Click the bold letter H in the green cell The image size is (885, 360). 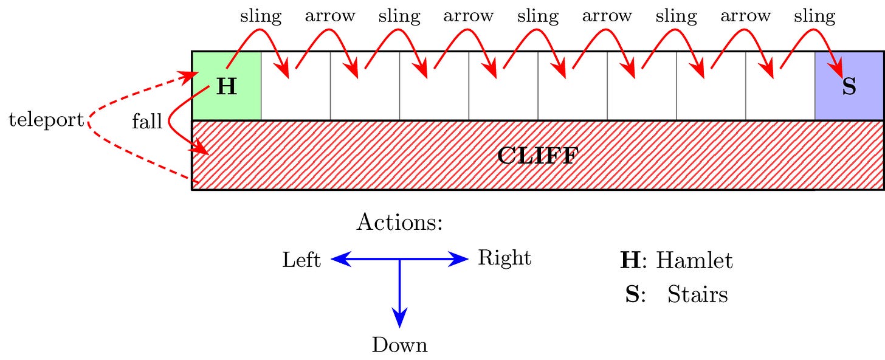pyautogui.click(x=226, y=87)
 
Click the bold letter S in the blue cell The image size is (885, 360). pyautogui.click(x=849, y=87)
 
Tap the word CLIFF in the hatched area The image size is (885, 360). pyautogui.click(x=537, y=156)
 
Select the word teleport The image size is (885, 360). pyautogui.click(x=46, y=120)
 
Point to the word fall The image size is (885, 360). pyautogui.click(x=147, y=122)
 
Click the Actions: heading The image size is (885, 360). pyautogui.click(x=399, y=223)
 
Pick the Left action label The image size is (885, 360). pyautogui.click(x=301, y=260)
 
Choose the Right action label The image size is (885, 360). pyautogui.click(x=504, y=258)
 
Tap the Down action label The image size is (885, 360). pyautogui.click(x=399, y=345)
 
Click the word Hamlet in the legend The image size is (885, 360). pyautogui.click(x=694, y=261)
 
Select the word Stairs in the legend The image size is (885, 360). pyautogui.click(x=697, y=295)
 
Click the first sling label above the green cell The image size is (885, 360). pyautogui.click(x=261, y=16)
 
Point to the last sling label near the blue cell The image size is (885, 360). pyautogui.click(x=814, y=16)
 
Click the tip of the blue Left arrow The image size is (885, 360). pyautogui.click(x=332, y=260)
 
